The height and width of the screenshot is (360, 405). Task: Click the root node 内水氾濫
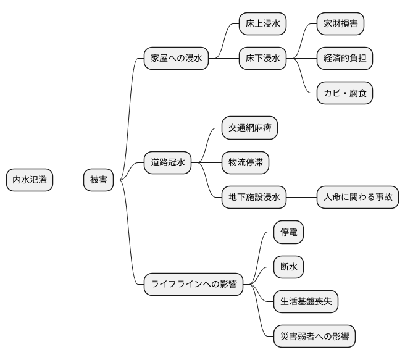tap(30, 180)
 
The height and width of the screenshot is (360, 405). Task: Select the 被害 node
tap(99, 180)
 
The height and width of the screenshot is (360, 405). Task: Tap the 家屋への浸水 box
tap(176, 59)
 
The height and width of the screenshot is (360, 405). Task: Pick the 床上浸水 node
tap(262, 24)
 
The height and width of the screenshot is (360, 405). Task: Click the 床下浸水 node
tap(262, 59)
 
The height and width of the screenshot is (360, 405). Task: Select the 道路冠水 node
tap(168, 163)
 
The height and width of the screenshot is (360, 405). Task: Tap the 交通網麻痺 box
tap(249, 128)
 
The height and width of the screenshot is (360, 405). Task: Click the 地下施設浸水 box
tap(254, 198)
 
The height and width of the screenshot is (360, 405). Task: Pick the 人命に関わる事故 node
tap(357, 198)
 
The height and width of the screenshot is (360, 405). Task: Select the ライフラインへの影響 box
tap(193, 285)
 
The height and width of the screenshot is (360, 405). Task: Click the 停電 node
tap(288, 233)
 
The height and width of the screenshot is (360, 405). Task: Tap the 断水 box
tap(288, 267)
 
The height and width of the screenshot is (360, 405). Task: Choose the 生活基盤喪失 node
tap(306, 302)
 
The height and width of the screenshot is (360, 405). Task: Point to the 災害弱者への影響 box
tap(314, 337)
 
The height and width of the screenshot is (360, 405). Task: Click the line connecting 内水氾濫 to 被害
tap(69, 180)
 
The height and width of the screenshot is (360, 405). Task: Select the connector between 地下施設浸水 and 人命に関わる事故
tap(301, 198)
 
